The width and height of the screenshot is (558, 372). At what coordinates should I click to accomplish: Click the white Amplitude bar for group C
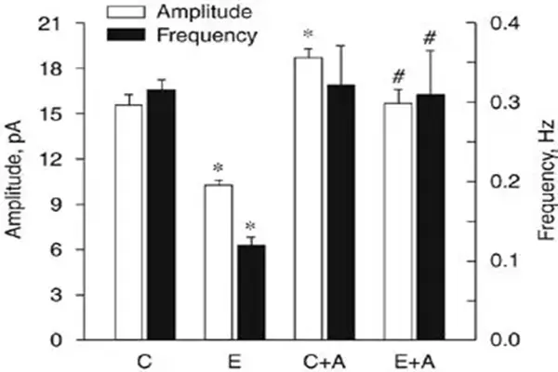tap(128, 222)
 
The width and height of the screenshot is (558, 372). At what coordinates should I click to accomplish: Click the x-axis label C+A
tap(325, 358)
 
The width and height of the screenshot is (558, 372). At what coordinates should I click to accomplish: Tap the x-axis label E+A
tap(415, 358)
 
